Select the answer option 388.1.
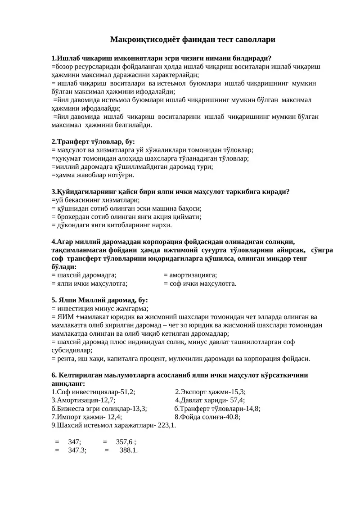pyautogui.click(x=128, y=450)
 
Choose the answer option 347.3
pyautogui.click(x=77, y=450)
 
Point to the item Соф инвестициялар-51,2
pyautogui.click(x=94, y=392)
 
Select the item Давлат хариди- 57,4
pyautogui.click(x=210, y=400)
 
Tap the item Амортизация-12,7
pyautogui.click(x=84, y=400)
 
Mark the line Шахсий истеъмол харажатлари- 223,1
pyautogui.click(x=114, y=425)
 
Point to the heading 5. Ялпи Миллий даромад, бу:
pyautogui.click(x=99, y=300)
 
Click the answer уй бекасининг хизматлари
pyautogui.click(x=96, y=200)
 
